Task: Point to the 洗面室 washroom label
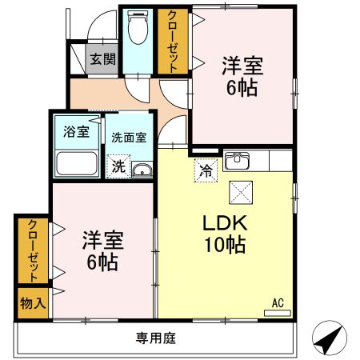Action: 128,137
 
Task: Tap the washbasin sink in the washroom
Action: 142,169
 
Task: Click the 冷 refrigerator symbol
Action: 205,169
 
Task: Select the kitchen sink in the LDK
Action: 238,161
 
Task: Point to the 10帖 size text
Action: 225,246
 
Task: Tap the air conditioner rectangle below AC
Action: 277,312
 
